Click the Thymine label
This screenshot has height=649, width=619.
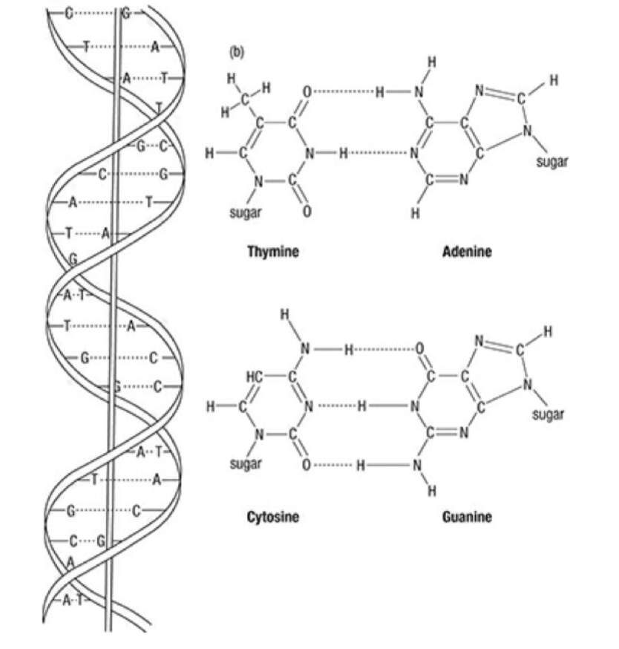pyautogui.click(x=272, y=252)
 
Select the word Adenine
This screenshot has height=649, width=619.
pyautogui.click(x=466, y=252)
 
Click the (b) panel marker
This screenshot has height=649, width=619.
pyautogui.click(x=237, y=53)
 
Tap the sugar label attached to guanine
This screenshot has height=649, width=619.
pyautogui.click(x=548, y=414)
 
